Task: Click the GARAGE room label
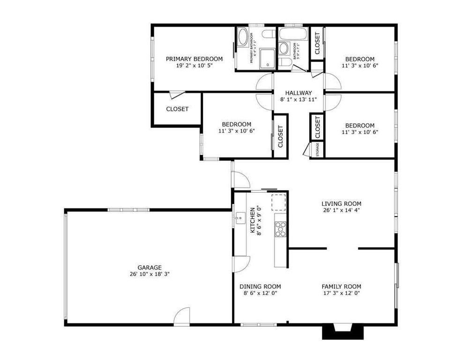[x=149, y=267]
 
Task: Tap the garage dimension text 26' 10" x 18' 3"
[x=149, y=274]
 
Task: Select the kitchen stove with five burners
[x=280, y=229]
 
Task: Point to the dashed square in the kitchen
[x=279, y=202]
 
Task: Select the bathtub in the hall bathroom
[x=292, y=34]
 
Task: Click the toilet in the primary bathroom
[x=269, y=34]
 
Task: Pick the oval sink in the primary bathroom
[x=243, y=38]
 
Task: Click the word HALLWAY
[x=299, y=93]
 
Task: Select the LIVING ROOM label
[x=341, y=203]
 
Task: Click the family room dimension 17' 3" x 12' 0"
[x=341, y=293]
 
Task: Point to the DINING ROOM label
[x=260, y=286]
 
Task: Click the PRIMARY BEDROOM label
[x=194, y=59]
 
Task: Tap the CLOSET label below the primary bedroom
[x=177, y=109]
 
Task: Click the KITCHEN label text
[x=252, y=221]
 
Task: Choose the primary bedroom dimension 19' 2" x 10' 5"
[x=194, y=66]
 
